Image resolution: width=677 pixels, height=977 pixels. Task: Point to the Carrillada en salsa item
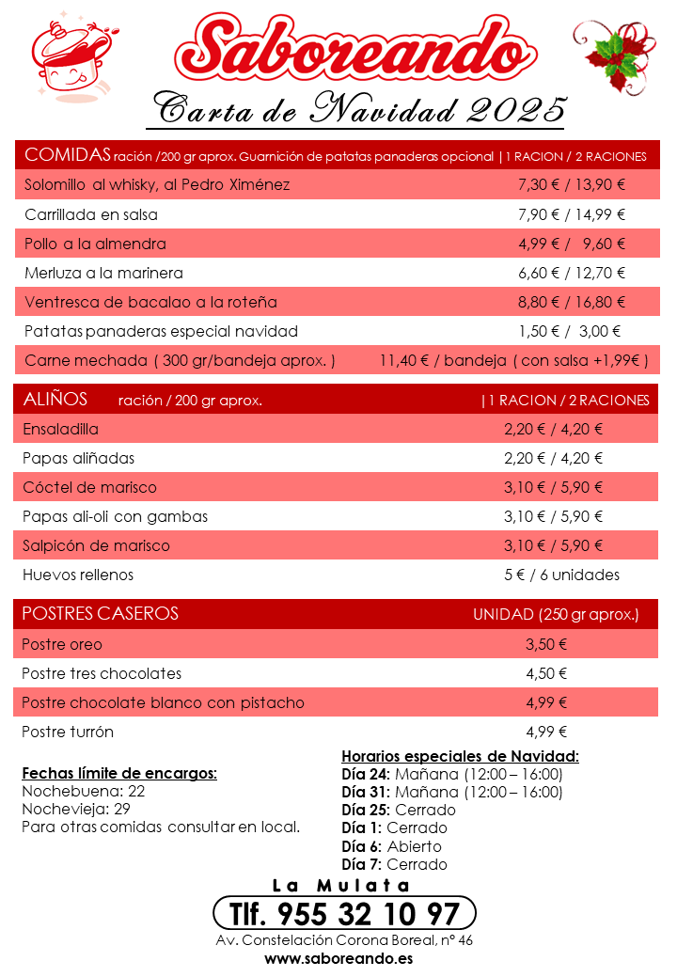point(91,214)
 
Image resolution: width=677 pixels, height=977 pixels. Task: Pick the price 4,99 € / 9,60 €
point(571,244)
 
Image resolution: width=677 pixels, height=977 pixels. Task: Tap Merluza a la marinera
point(103,273)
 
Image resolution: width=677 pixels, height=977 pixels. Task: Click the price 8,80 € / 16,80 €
point(571,302)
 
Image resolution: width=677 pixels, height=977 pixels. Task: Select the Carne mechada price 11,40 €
point(407,360)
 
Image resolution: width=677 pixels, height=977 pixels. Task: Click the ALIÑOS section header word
point(55,400)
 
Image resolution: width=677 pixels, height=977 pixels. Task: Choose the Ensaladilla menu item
point(60,429)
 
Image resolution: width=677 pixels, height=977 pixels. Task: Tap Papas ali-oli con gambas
point(115,516)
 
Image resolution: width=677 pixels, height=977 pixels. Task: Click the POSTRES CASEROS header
point(100,614)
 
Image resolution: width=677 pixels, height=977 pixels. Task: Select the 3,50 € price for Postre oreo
point(546,644)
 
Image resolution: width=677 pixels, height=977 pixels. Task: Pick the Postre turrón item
point(68,732)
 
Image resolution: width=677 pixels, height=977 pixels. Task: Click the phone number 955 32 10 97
point(345,913)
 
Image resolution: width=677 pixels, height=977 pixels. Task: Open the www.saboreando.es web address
point(338,959)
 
